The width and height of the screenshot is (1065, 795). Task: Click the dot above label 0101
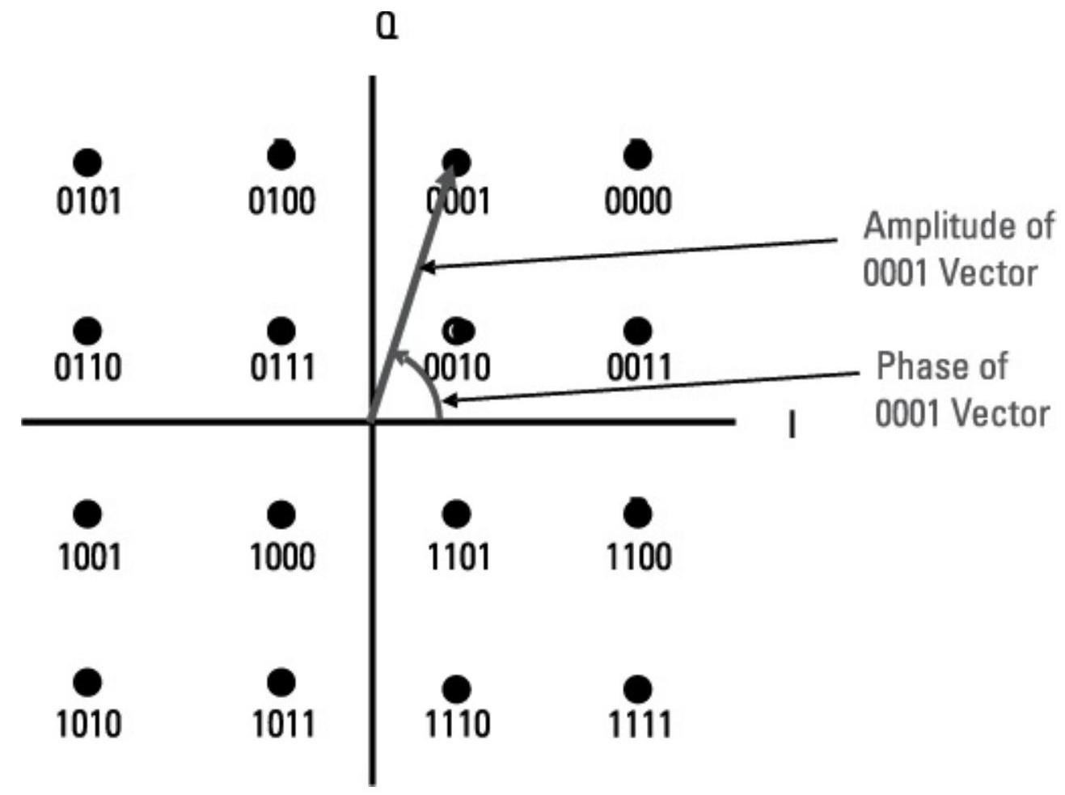point(87,163)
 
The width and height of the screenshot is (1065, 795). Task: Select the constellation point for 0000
point(638,155)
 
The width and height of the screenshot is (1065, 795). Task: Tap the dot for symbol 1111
point(638,689)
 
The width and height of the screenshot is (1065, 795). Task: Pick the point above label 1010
point(87,683)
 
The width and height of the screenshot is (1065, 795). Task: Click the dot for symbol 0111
point(281,331)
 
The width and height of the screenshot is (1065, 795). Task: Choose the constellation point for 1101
point(457,514)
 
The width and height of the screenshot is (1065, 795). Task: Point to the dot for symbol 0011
point(638,331)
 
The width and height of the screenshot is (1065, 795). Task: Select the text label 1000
point(281,557)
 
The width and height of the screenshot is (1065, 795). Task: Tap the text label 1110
point(458,724)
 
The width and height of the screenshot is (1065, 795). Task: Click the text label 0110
point(88,368)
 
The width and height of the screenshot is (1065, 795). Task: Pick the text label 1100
point(639,557)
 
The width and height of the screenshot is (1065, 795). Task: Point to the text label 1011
point(282,724)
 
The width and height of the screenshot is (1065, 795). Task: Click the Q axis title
point(387,29)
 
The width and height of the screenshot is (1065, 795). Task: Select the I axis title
point(792,425)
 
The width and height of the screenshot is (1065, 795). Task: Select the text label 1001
point(89,557)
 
